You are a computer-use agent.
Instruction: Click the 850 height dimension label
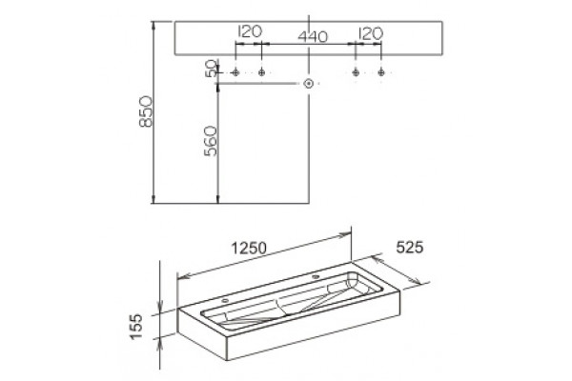pos(146,111)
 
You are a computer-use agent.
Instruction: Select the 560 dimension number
pos(211,141)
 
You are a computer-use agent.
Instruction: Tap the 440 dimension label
pos(313,36)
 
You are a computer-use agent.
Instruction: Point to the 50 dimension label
pos(211,69)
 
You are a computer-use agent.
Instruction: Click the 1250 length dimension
pos(249,249)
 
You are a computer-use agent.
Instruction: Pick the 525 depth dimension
pos(410,248)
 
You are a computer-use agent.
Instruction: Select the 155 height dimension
pos(136,327)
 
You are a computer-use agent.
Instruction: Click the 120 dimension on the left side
pos(250,31)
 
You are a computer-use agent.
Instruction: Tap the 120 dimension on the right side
pos(371,33)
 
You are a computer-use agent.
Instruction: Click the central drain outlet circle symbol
pos(309,84)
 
